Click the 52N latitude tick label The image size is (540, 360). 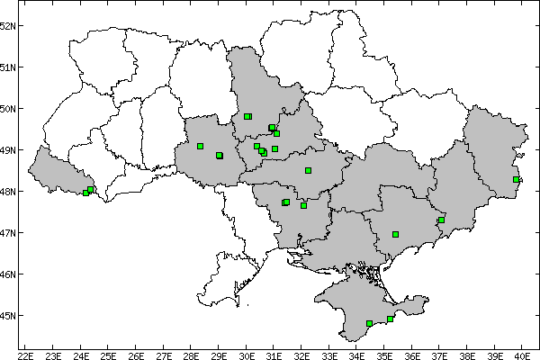click(9, 25)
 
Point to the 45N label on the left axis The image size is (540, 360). click(9, 316)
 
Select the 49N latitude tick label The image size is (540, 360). click(9, 150)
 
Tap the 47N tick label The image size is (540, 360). click(9, 233)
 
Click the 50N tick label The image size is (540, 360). click(9, 109)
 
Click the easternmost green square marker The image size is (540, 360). click(516, 180)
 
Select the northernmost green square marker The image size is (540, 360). click(247, 116)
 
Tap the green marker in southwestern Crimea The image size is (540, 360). click(369, 323)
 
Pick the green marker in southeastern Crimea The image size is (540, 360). click(390, 319)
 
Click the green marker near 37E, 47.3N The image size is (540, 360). click(441, 220)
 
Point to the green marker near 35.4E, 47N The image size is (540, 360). click(395, 234)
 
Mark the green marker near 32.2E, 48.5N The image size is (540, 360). click(308, 170)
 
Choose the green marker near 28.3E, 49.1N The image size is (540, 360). click(200, 146)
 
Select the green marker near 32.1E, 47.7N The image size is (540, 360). click(303, 205)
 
